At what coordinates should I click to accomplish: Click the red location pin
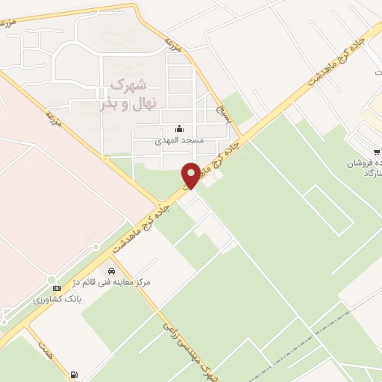[x=192, y=175]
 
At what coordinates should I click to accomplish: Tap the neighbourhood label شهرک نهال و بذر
[x=123, y=93]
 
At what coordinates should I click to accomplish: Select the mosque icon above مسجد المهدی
[x=178, y=129]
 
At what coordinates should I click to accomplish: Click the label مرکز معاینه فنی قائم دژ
[x=113, y=284]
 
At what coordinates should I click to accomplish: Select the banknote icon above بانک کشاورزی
[x=54, y=288]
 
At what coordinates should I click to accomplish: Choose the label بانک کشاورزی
[x=56, y=299]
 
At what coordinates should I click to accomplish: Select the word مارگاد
[x=366, y=174]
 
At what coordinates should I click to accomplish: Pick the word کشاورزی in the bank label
[x=48, y=299]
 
